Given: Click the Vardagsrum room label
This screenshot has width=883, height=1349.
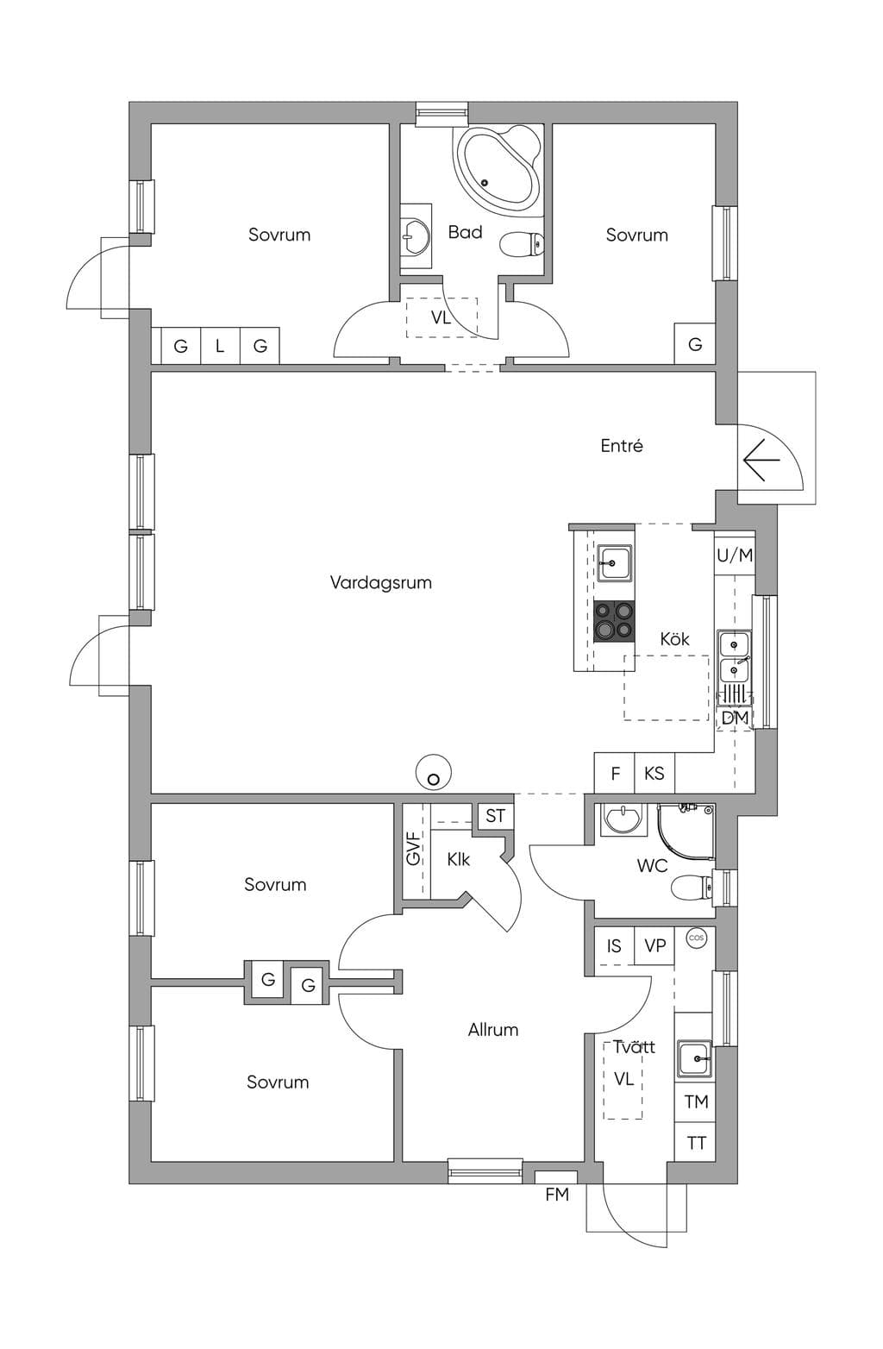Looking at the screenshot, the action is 380,583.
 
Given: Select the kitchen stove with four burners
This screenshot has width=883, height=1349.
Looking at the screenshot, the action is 614,621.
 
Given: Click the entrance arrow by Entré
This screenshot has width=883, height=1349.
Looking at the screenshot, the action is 761,460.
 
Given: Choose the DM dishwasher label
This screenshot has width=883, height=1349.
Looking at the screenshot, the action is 735,718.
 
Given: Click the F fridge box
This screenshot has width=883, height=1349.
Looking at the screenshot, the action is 615,774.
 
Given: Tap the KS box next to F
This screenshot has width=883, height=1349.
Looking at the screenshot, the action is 654,774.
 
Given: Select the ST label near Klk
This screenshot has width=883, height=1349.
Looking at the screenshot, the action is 495,816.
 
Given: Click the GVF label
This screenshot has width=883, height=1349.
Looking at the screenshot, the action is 413,848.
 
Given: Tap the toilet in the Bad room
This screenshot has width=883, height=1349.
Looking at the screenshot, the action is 521,244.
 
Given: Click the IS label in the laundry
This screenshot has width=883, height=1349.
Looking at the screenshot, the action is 613,946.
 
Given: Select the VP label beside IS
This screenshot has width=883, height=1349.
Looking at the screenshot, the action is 654,946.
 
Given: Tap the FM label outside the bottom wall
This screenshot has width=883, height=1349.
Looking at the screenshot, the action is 557,1195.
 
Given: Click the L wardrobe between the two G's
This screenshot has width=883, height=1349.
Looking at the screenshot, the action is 220,346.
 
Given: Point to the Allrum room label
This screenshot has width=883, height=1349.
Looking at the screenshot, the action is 493,1030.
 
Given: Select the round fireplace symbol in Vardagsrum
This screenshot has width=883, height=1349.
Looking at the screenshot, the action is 434,772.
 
